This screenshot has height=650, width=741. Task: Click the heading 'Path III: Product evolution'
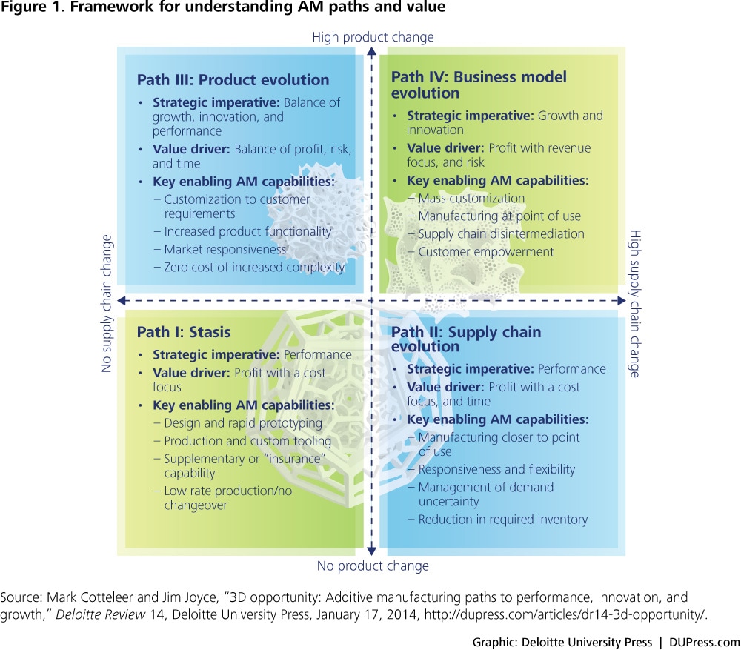click(x=233, y=79)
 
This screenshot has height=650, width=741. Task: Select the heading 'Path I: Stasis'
click(x=184, y=332)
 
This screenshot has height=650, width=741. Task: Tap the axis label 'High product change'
click(x=373, y=37)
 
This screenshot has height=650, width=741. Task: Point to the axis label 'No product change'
click(x=373, y=566)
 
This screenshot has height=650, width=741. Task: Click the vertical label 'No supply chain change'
click(x=107, y=303)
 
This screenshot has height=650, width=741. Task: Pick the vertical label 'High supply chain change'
click(x=635, y=303)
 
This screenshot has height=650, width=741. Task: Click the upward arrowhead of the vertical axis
click(x=372, y=51)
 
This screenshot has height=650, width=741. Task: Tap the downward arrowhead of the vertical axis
click(x=372, y=551)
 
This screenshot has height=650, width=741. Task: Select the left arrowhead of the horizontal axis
click(x=122, y=301)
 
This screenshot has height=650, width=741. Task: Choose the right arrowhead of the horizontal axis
click(x=622, y=301)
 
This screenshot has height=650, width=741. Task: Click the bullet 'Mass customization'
click(x=471, y=198)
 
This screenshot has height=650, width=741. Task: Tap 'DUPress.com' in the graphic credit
click(x=705, y=642)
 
